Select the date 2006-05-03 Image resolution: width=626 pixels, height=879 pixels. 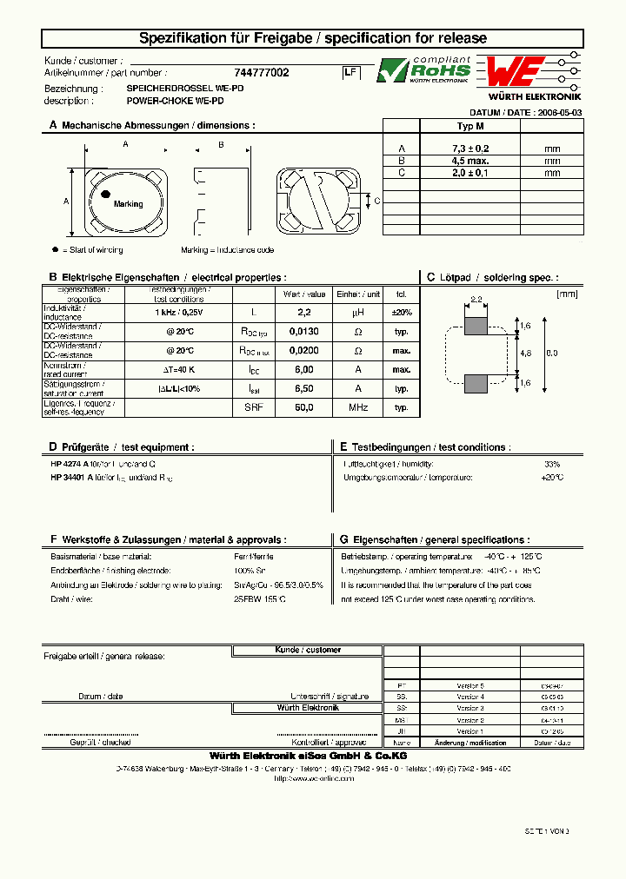[x=560, y=113]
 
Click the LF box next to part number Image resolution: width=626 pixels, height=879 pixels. [x=350, y=74]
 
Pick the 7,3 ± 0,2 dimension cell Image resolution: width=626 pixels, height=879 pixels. [x=470, y=149]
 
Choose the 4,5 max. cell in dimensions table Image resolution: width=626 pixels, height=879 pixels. [x=470, y=161]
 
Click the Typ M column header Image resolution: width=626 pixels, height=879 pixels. [x=470, y=126]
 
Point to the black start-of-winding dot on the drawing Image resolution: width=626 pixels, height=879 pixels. [x=105, y=194]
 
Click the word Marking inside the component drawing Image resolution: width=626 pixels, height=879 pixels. [x=128, y=204]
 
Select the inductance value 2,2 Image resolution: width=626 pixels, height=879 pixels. [x=303, y=312]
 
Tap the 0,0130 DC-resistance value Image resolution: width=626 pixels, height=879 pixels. [x=303, y=332]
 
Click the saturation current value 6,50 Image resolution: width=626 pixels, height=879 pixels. [x=303, y=388]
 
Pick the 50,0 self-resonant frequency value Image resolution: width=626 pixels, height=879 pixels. [x=303, y=407]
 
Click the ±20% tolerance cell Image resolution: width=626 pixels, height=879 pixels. [x=402, y=312]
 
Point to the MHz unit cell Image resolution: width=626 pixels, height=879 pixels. [x=357, y=407]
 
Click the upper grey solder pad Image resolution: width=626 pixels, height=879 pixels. [x=476, y=326]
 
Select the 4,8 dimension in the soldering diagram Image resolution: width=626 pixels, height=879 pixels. [x=524, y=354]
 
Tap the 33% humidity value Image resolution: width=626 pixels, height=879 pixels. [x=552, y=465]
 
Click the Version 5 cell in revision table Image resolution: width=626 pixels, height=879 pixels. [x=470, y=684]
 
